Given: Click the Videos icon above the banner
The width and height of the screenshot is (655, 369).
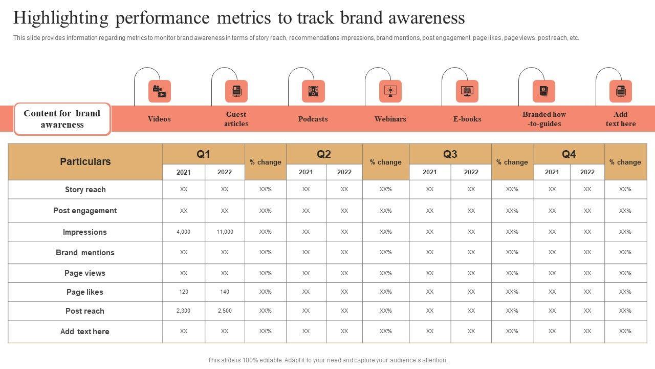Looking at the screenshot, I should coord(159,91).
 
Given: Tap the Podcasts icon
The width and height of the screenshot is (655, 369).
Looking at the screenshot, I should coord(313,91).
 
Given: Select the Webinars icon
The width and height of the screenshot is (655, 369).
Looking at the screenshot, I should coord(390,91).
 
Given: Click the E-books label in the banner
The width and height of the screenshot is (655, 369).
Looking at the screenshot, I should coord(467,119).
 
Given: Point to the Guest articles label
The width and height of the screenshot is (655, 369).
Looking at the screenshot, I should coord(236,119).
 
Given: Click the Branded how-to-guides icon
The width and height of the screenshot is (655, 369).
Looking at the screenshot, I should coord(543,91).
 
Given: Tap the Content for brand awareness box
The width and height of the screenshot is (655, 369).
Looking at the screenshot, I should coord(62,119).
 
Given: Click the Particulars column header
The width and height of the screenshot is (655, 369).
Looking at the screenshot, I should coord(85,161).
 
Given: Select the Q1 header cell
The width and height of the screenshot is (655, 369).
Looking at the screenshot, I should coord(203,154).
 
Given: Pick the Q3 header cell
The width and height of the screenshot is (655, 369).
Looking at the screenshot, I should coord(450,154).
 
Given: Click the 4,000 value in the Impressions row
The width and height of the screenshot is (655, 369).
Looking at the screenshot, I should coord(183,232).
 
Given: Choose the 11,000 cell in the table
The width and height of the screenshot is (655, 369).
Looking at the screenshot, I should coord(225,232).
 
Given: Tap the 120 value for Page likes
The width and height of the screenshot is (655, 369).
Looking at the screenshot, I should coord(183,292).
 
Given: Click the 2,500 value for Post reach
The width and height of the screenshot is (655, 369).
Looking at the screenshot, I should coord(225,311).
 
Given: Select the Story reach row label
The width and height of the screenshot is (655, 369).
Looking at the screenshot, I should coord(85,190).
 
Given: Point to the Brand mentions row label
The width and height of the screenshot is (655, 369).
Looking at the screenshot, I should coord(85,253).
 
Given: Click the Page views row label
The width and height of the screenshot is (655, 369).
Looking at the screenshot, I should coord(85,273).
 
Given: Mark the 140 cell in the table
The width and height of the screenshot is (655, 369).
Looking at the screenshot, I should coord(225,292).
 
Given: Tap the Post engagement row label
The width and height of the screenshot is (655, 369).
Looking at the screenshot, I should coord(85,211).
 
